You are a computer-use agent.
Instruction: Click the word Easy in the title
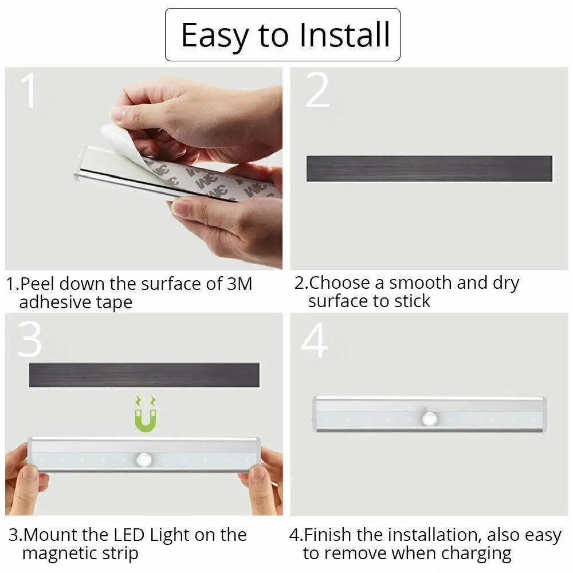(215, 35)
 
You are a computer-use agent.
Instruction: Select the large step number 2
(317, 91)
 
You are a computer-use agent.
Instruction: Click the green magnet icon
(146, 414)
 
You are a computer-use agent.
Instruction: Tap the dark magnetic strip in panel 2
(429, 168)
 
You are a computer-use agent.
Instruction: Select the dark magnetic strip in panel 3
(144, 375)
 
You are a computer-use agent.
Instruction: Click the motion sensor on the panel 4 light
(430, 419)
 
